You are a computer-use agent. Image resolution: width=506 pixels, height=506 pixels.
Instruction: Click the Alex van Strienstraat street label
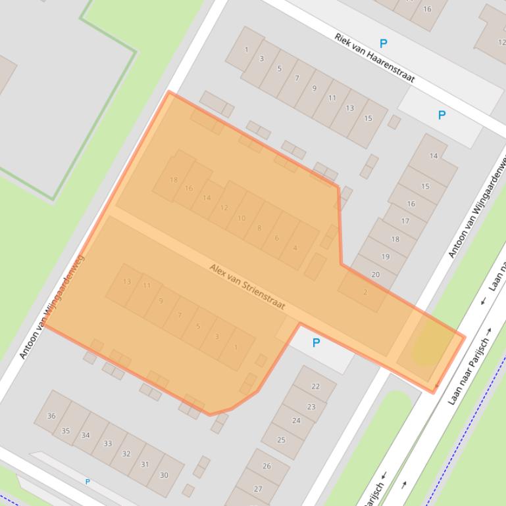coord(247,287)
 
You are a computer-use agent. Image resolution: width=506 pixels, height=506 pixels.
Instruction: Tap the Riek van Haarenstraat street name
coord(374,58)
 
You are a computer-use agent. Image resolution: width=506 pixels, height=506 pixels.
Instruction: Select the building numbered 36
coord(51,415)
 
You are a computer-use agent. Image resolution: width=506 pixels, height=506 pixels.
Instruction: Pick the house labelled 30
coord(164,474)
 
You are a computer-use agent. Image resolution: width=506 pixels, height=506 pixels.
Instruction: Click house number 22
coord(315,386)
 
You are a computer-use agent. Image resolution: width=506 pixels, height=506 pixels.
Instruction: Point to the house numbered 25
coord(282,439)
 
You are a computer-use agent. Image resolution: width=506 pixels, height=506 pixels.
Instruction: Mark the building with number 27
coord(258,488)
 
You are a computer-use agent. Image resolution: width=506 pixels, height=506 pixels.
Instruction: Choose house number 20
coord(375,275)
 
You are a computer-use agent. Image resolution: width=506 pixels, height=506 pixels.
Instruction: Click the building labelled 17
coord(405,221)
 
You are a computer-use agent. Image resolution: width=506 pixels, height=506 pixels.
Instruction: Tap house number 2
coord(365,292)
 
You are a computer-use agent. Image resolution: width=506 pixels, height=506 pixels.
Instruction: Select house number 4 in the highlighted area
coord(295,248)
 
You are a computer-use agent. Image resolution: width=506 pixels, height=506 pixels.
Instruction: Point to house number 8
coord(259,228)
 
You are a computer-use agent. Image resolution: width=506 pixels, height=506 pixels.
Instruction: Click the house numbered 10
coord(241,218)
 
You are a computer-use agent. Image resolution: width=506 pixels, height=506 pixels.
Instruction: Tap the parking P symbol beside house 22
coord(316,343)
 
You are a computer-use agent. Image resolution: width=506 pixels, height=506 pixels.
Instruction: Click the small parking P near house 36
coord(88,482)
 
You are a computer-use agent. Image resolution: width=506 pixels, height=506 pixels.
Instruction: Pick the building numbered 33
coord(107,444)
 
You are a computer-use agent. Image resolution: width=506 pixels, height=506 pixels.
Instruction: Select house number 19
coord(385,257)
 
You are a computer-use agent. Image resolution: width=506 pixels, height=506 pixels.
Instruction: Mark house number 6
coord(277,238)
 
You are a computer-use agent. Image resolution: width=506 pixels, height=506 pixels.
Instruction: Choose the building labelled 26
coord(266,466)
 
